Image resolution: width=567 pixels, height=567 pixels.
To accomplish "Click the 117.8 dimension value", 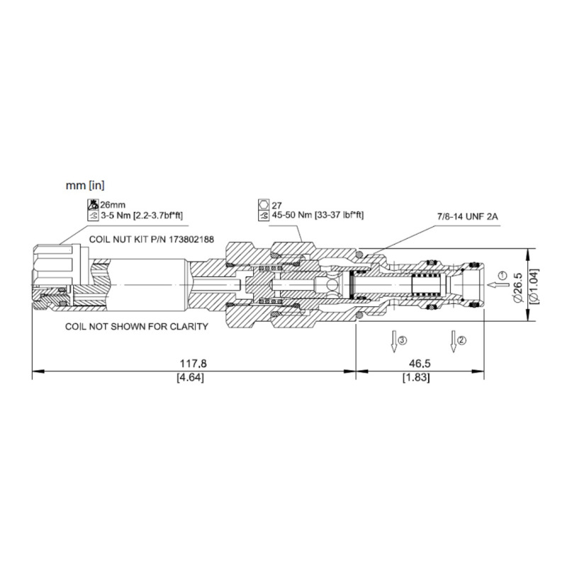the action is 193,363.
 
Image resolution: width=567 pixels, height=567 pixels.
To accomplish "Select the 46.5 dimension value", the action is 420,363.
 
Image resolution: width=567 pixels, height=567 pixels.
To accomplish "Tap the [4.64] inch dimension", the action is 190,378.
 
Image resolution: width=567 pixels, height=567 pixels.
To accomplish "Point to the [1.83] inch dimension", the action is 416,378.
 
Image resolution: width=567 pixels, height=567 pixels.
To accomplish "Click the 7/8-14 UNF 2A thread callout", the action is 468,217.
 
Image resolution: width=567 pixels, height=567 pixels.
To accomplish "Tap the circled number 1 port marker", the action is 501,276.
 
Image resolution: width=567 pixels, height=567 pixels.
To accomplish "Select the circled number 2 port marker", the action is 462,340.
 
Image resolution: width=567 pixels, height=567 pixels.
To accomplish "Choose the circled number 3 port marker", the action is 403,340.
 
